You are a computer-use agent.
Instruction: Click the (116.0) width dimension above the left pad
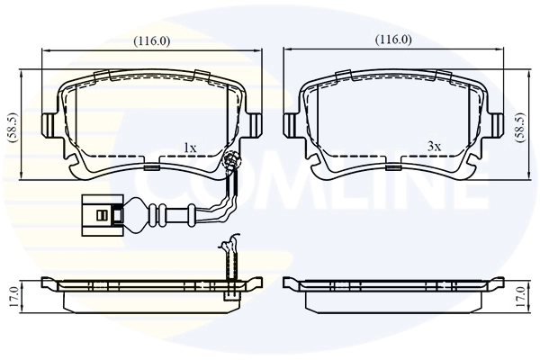coord(151,40)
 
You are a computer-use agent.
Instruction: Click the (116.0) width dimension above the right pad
coord(392,40)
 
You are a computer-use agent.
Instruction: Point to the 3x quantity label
coord(433,146)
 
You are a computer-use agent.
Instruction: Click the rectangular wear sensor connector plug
coord(104,215)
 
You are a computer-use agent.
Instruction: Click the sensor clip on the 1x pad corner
coord(230,162)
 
